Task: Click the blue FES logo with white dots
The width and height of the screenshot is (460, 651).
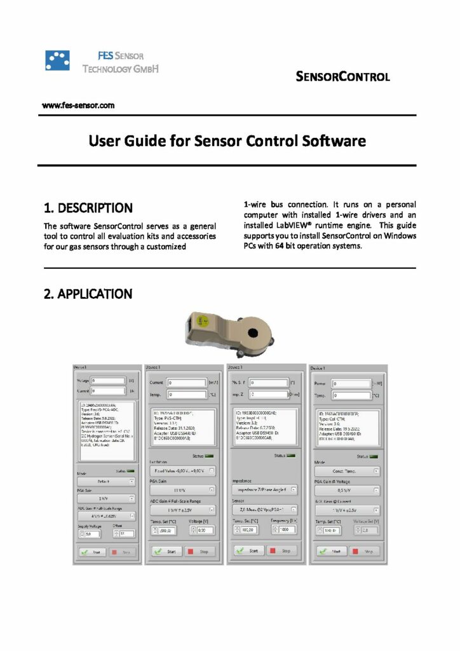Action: (57, 60)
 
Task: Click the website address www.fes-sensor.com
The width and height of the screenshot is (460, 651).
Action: (78, 106)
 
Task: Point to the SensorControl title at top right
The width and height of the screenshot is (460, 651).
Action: (342, 78)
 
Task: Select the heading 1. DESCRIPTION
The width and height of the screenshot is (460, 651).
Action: (88, 208)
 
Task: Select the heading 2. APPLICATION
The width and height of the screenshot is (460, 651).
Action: (88, 294)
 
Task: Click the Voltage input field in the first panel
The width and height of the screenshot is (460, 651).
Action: (109, 381)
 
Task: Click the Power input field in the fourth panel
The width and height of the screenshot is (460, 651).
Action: (351, 385)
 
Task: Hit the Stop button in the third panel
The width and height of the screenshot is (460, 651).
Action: (280, 551)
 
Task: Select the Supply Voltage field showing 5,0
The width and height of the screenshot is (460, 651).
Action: (91, 533)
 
